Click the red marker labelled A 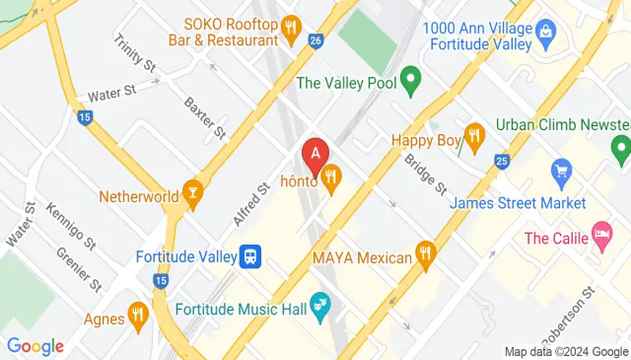tap(315, 155)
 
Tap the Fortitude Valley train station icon tap(251, 256)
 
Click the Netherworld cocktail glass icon tap(191, 194)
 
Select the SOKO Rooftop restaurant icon tap(290, 30)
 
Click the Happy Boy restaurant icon tap(474, 140)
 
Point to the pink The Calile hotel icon tap(600, 237)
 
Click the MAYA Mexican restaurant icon tap(425, 256)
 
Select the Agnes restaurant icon tap(138, 318)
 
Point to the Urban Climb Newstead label tap(562, 125)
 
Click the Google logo tap(35, 346)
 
